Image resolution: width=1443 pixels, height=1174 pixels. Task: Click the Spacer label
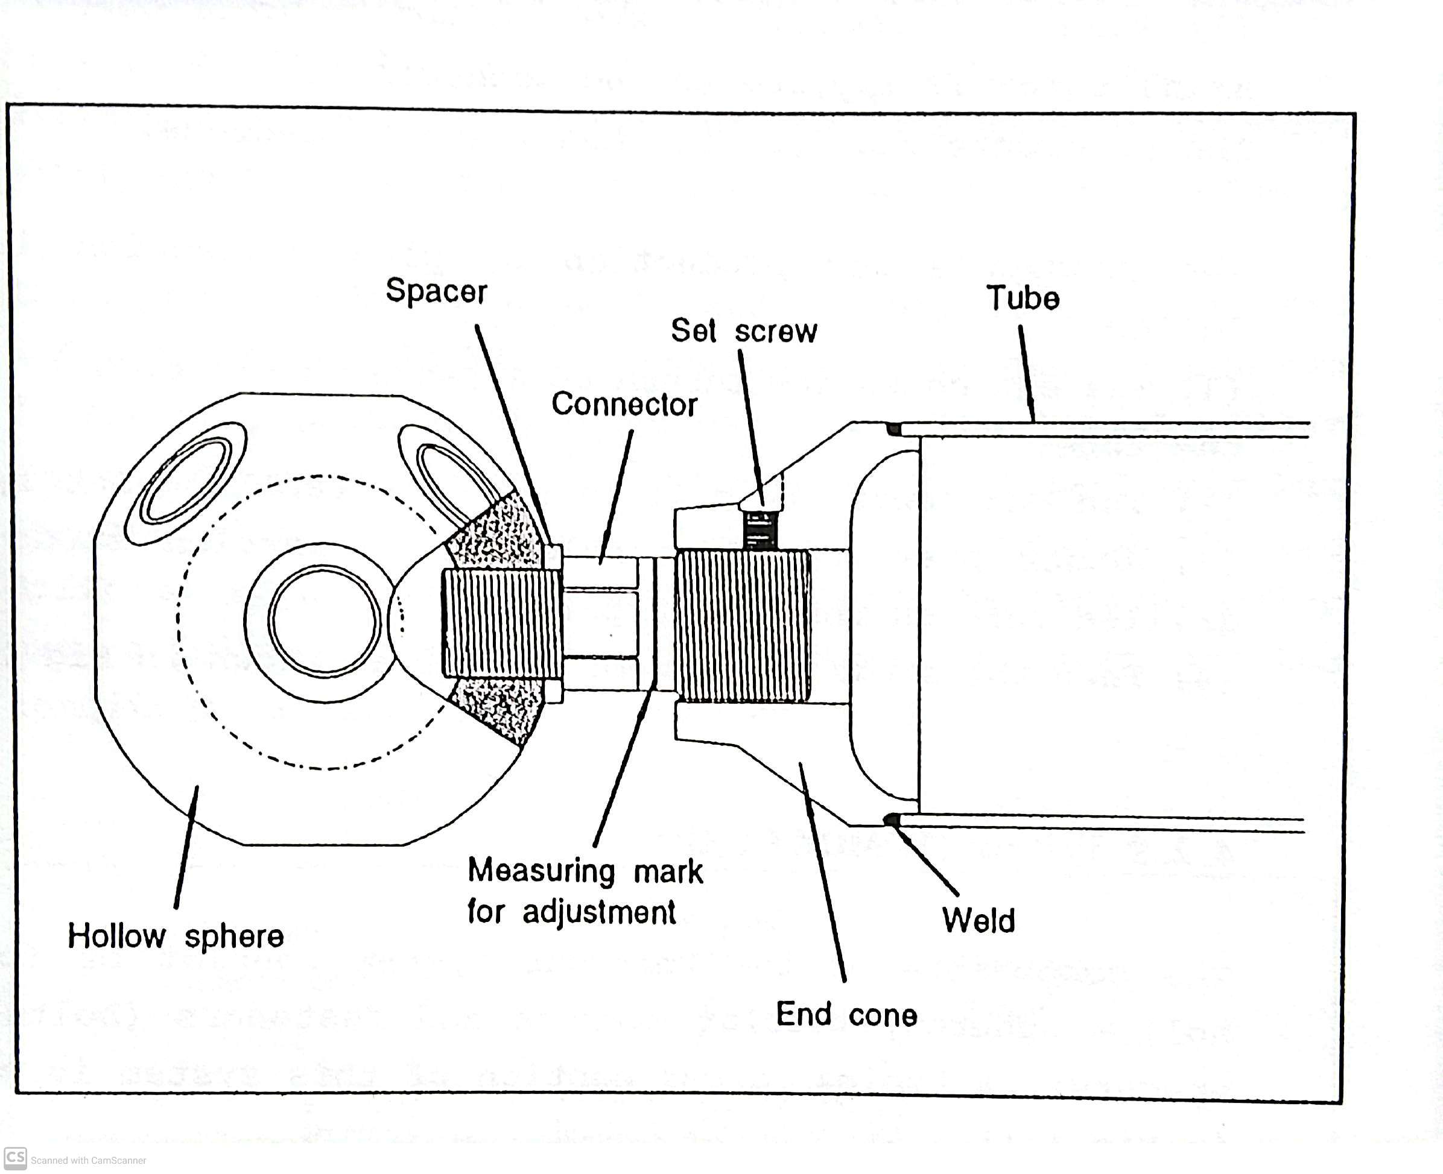tap(436, 291)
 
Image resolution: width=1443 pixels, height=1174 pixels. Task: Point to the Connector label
tap(624, 404)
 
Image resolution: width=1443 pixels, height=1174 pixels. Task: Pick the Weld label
tap(978, 920)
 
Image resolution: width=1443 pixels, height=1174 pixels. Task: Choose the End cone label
tap(846, 1014)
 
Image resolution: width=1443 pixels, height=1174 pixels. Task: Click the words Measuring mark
tap(585, 871)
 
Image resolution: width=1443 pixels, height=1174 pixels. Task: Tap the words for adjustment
tap(572, 912)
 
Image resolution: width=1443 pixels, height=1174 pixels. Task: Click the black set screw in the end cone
tap(760, 529)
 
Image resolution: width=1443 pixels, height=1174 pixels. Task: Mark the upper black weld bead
tap(893, 429)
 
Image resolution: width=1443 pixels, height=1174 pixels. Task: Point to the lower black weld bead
tap(891, 819)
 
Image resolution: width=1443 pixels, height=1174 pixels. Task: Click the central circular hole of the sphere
tap(324, 620)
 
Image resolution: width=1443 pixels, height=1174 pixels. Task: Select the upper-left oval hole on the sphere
tap(185, 482)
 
